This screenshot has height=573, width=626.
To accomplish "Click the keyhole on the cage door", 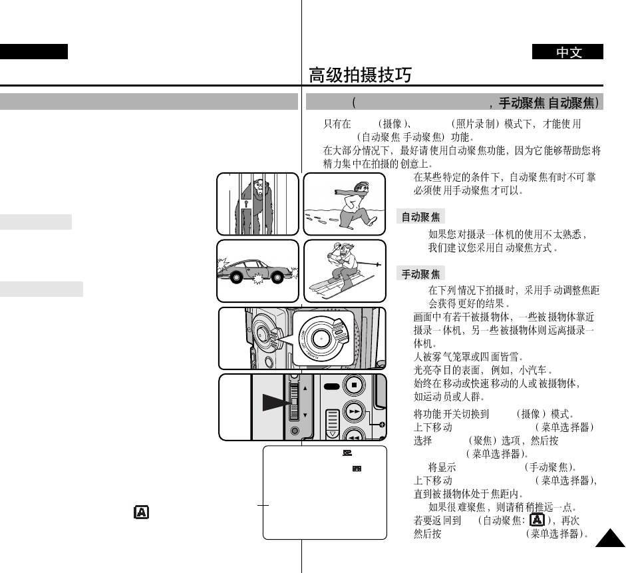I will pyautogui.click(x=245, y=202).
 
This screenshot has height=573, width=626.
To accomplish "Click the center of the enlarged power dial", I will pyautogui.click(x=321, y=337).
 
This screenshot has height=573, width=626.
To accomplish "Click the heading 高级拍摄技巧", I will pyautogui.click(x=360, y=75).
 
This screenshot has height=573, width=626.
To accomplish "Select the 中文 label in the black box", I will pyautogui.click(x=568, y=53).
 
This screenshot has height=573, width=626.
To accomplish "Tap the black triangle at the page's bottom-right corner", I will pyautogui.click(x=609, y=538).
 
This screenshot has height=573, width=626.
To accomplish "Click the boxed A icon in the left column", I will pyautogui.click(x=141, y=512).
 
